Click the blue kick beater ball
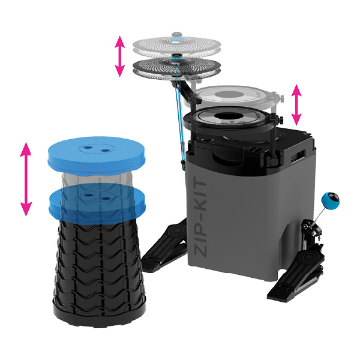tap(331, 200)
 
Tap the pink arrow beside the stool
tap(26, 179)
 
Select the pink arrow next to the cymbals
tap(119, 56)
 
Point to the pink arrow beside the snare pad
tap(296, 104)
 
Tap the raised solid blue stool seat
tap(97, 155)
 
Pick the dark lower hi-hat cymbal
tap(176, 67)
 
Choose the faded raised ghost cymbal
tap(176, 45)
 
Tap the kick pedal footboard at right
tap(296, 277)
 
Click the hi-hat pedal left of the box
tap(164, 245)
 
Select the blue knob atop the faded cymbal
tap(177, 37)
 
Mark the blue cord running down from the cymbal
tap(180, 119)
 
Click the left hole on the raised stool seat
tap(87, 148)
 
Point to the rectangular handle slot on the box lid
tap(298, 155)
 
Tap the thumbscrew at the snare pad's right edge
tap(281, 119)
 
